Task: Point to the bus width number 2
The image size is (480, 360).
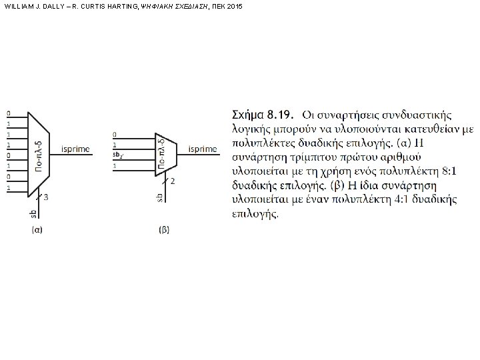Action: (173, 181)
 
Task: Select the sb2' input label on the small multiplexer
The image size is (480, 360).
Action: (117, 155)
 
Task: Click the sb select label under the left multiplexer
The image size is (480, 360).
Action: (33, 213)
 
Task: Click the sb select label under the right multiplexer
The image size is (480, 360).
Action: (160, 197)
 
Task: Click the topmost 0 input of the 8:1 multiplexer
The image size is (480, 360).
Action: (8, 112)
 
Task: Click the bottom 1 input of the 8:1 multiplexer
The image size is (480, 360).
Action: (8, 189)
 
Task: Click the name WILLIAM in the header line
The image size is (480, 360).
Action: (18, 5)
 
